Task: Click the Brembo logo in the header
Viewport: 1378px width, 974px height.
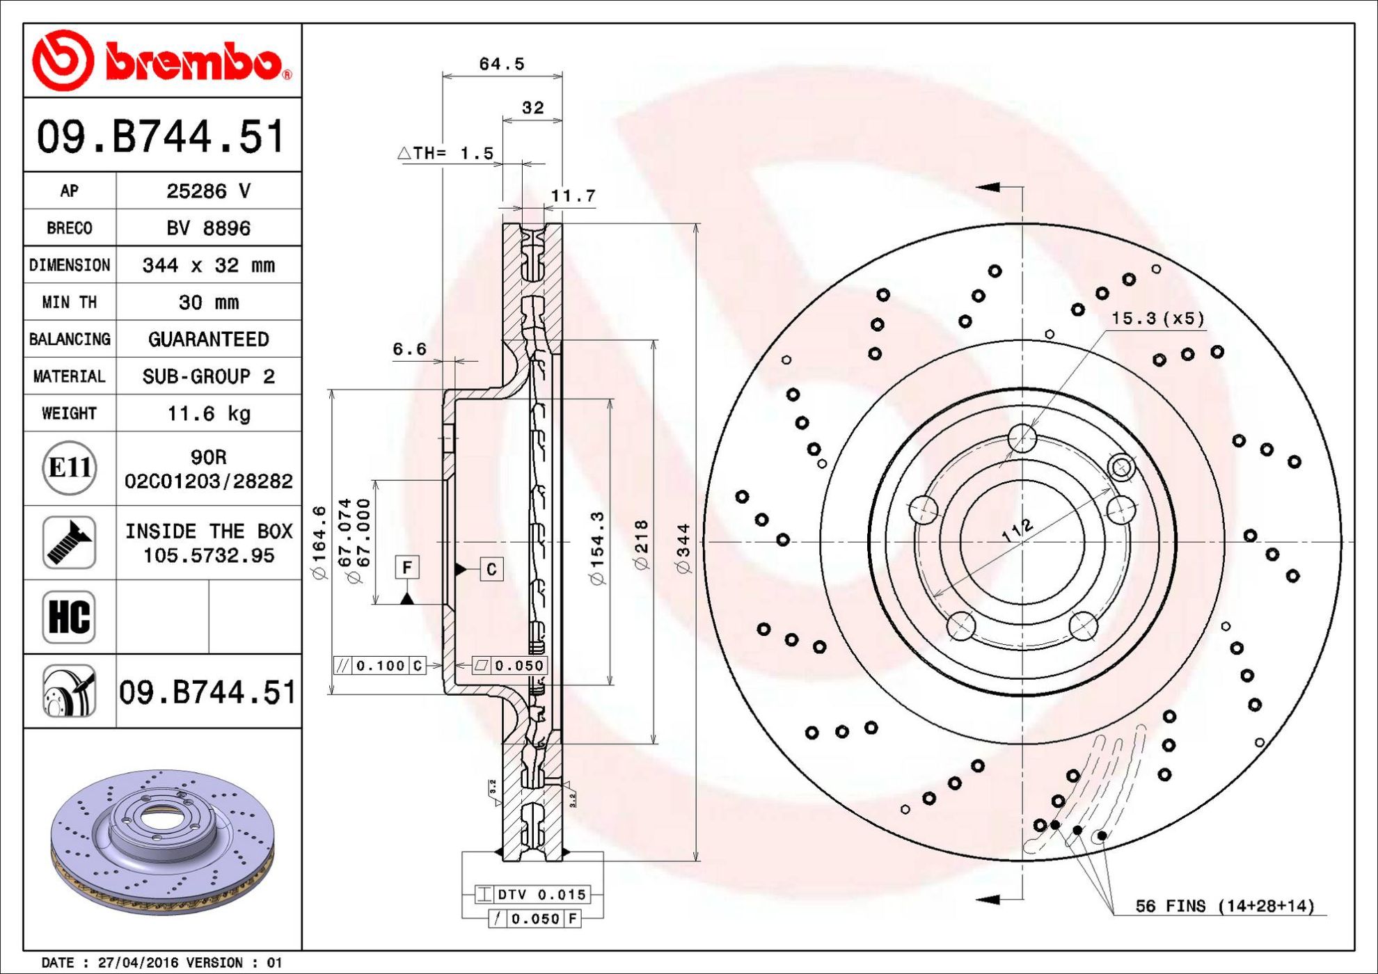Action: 162,61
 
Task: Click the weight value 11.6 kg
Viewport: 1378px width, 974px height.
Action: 209,414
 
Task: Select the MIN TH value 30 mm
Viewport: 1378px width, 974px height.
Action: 209,303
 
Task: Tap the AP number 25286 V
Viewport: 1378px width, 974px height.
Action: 209,191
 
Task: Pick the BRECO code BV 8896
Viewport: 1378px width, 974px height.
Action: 209,228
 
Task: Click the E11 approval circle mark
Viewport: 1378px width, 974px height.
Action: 69,468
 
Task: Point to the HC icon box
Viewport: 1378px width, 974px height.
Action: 69,617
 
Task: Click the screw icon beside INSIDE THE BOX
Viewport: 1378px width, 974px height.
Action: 69,543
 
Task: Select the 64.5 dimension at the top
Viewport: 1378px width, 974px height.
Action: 502,64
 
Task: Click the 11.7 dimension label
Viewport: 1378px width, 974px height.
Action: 573,196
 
